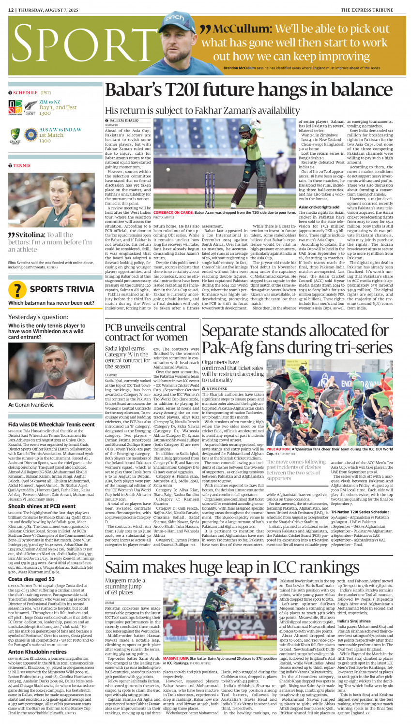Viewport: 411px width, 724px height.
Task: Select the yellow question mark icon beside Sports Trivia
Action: click(x=17, y=289)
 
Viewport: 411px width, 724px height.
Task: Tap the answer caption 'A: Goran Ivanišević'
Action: click(x=31, y=405)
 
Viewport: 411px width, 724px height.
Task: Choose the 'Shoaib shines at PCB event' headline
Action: click(x=42, y=506)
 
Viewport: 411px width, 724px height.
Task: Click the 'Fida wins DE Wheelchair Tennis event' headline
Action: click(x=51, y=424)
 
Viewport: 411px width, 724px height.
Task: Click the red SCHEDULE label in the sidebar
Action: click(x=25, y=93)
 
